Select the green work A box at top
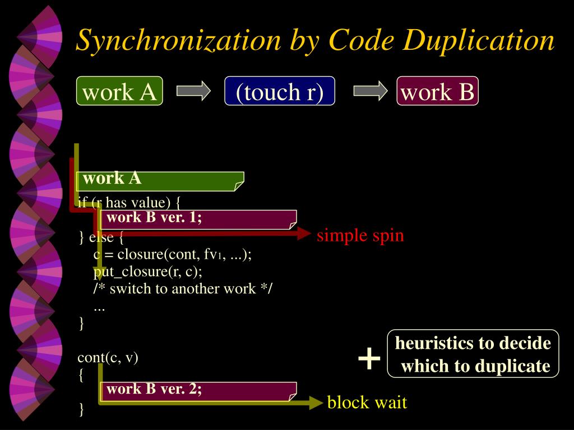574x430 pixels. tap(119, 91)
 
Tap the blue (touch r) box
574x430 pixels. tap(280, 91)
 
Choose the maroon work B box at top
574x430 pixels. tap(438, 91)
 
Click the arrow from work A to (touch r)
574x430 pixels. tap(193, 91)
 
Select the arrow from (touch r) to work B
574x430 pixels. tap(371, 91)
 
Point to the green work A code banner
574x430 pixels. tap(160, 180)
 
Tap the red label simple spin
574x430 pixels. tap(360, 235)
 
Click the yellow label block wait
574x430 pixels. tap(367, 402)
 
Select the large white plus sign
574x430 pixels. tap(369, 358)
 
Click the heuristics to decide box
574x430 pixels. tap(474, 354)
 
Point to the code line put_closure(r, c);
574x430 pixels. tap(148, 272)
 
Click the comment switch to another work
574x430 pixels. tap(183, 289)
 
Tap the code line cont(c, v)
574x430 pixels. tap(108, 357)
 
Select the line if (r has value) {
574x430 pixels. tap(129, 202)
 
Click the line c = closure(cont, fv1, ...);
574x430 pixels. tap(173, 255)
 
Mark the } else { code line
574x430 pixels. tap(101, 237)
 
